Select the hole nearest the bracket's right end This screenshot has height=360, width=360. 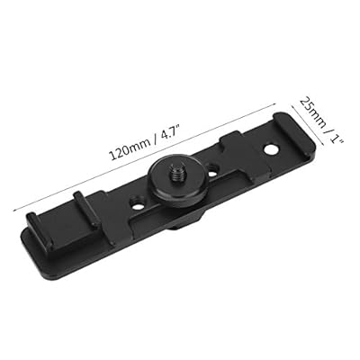(271, 149)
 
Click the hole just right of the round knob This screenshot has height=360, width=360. (212, 170)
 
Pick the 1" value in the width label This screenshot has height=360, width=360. (336, 139)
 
